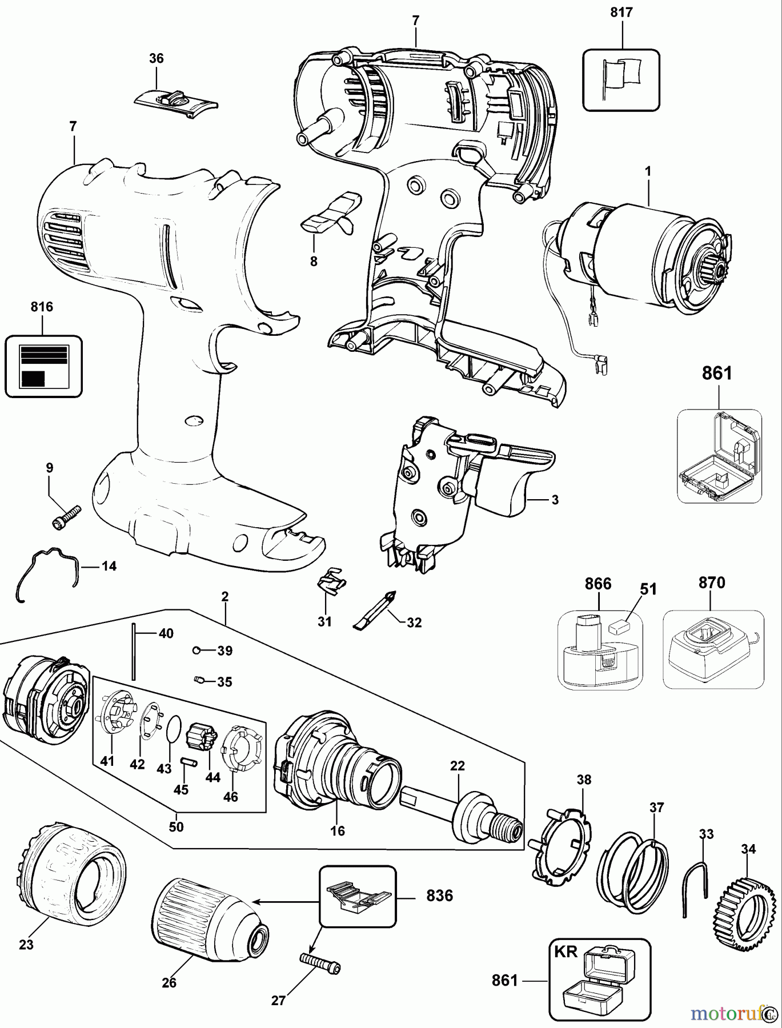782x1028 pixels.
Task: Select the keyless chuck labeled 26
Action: point(206,925)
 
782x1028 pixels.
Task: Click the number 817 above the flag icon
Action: point(621,12)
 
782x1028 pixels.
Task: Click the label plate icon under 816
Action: point(43,366)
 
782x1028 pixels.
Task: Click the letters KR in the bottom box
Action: point(566,951)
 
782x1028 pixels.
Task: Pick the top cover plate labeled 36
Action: point(177,103)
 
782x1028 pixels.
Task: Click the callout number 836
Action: point(439,896)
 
